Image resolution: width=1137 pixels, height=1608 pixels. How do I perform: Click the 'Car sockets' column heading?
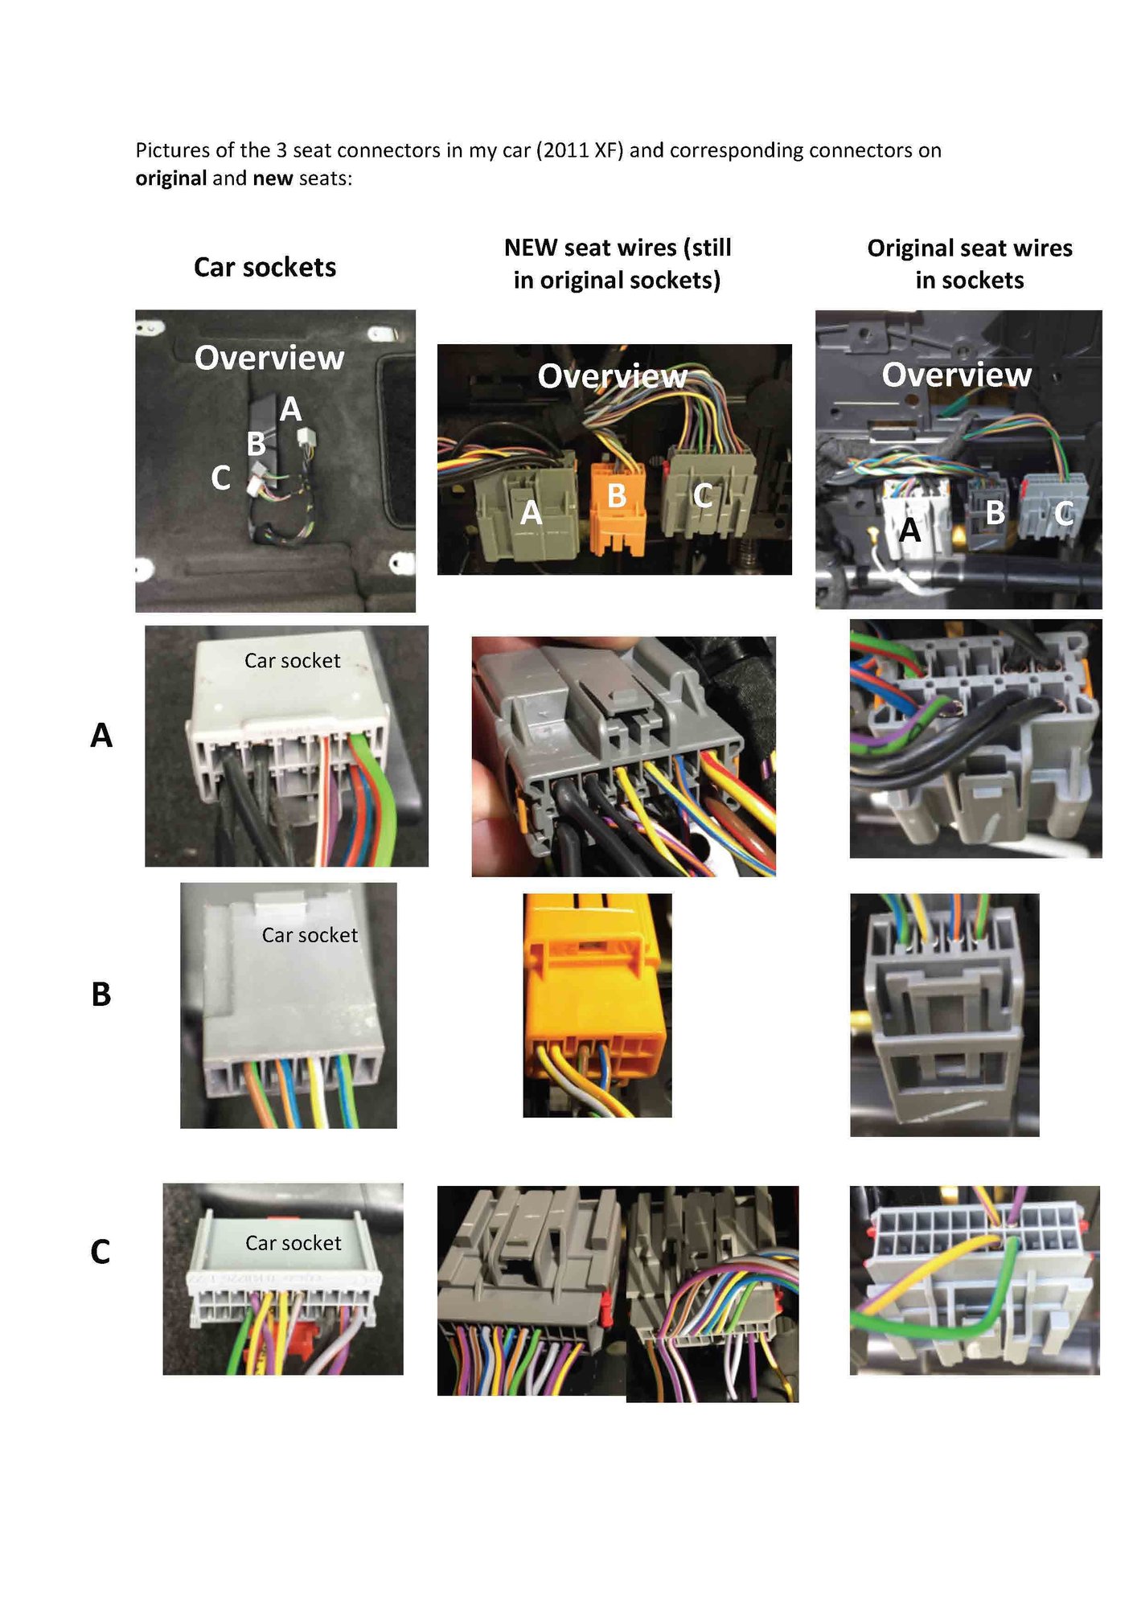tap(265, 267)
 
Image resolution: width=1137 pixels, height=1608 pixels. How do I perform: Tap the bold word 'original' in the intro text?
tap(170, 178)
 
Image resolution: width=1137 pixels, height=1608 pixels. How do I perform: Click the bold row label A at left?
tap(101, 735)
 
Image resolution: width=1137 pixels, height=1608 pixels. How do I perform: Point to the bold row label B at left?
tap(101, 995)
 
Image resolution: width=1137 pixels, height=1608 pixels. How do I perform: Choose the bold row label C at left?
tap(101, 1252)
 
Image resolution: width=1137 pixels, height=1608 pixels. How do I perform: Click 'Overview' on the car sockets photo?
tap(269, 358)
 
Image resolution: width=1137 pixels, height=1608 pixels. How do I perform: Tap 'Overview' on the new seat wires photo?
tap(612, 376)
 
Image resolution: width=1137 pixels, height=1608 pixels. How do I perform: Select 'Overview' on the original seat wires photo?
tap(956, 375)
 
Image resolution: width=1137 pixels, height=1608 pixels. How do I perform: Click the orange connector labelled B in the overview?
tap(617, 507)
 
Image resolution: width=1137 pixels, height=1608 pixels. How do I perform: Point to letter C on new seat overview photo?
tap(703, 495)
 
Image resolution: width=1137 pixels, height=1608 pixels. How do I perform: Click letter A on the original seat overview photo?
tap(909, 530)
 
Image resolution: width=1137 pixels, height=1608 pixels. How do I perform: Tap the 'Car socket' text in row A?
tap(293, 661)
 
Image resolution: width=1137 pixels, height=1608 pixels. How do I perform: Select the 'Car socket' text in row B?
tap(310, 935)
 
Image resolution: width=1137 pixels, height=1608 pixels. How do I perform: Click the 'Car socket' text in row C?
tap(293, 1243)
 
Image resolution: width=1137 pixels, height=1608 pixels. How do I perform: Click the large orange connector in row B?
tap(597, 989)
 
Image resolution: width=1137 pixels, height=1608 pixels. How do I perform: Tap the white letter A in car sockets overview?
tap(290, 410)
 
